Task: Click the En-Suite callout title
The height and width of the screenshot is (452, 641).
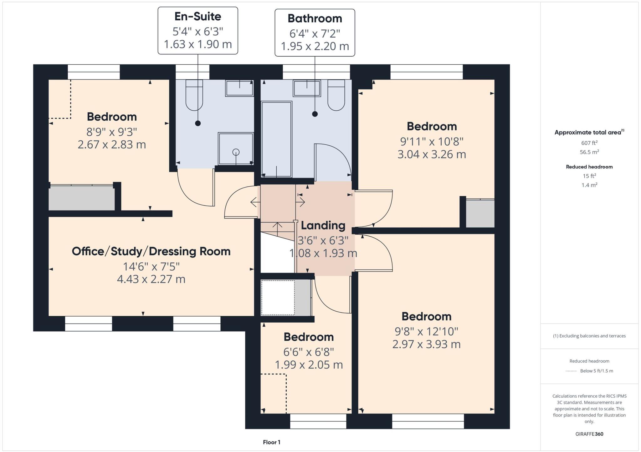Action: [198, 17]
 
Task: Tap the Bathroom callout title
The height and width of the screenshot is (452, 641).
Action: [315, 18]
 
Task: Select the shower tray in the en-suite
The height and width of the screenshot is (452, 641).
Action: [236, 148]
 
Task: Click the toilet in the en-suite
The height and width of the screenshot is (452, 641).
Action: [194, 95]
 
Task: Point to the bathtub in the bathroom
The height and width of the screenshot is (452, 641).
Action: [276, 139]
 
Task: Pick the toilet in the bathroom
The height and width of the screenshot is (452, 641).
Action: [336, 95]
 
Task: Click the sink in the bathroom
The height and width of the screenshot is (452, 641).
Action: [307, 88]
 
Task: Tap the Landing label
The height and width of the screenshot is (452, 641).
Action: [323, 225]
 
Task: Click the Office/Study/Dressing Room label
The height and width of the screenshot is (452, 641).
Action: [151, 251]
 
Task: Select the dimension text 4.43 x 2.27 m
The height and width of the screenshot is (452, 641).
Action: [151, 279]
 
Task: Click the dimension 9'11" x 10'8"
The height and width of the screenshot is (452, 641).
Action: [432, 142]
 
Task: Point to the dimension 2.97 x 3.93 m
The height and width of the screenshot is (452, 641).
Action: [427, 344]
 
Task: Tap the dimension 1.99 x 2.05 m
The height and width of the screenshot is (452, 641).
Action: [309, 365]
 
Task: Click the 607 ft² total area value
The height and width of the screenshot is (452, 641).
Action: [589, 143]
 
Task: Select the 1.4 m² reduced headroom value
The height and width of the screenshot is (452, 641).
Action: [589, 185]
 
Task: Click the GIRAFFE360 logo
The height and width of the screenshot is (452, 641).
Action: [589, 434]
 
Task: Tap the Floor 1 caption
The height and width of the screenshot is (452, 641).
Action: [272, 442]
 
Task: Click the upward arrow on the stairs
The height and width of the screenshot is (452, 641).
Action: [277, 229]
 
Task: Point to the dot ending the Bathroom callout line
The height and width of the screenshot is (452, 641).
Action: [315, 114]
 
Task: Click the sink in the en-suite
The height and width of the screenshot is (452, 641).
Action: [239, 88]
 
